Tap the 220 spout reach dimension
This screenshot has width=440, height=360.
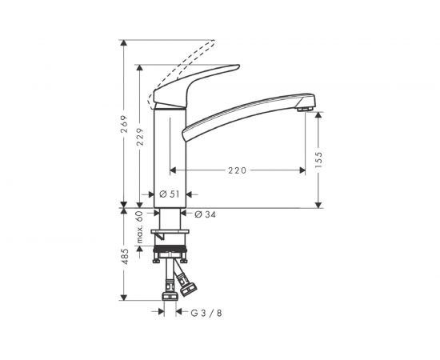click(x=237, y=170)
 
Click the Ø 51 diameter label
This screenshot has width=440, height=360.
click(x=168, y=194)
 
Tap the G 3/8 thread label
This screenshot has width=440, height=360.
click(x=206, y=313)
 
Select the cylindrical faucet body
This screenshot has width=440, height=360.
click(x=170, y=152)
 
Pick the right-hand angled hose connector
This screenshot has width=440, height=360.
click(x=190, y=282)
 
